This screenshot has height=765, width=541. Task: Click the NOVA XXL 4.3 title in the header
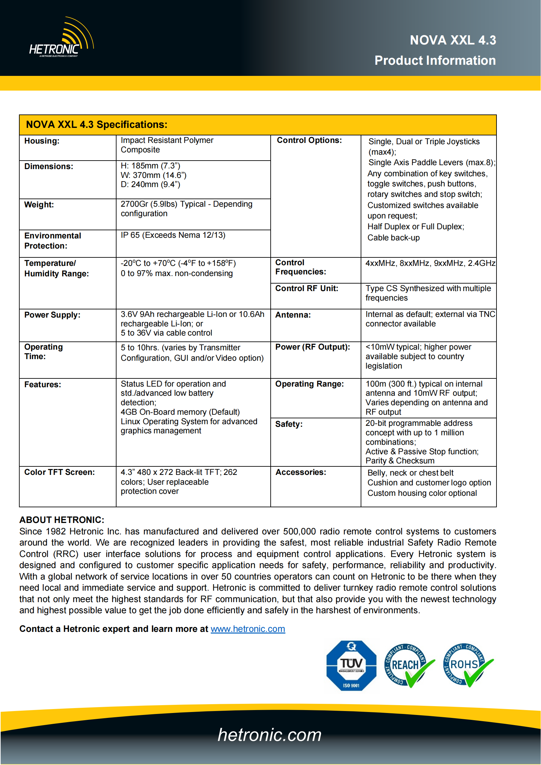click(453, 40)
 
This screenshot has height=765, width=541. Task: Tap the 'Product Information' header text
click(435, 61)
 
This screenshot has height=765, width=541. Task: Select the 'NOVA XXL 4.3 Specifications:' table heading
click(97, 125)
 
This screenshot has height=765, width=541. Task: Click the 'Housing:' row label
click(42, 141)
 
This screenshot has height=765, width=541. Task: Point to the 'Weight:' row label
click(39, 204)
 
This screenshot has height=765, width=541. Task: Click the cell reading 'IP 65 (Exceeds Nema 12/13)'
click(173, 235)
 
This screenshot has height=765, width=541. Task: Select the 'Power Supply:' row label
click(52, 315)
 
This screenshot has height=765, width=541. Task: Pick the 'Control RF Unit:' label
click(306, 288)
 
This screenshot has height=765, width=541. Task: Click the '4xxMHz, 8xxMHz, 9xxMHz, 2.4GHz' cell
click(430, 263)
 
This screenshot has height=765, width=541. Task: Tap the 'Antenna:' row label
click(293, 315)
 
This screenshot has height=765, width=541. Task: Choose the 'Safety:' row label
click(289, 424)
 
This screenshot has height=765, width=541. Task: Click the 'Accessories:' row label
click(300, 472)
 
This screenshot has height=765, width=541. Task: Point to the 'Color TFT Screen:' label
click(59, 472)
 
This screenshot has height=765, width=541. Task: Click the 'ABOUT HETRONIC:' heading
click(62, 520)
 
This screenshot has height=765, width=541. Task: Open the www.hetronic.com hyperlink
click(248, 629)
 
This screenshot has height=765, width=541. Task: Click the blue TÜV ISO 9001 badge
click(351, 665)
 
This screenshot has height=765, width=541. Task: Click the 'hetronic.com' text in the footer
click(269, 735)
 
